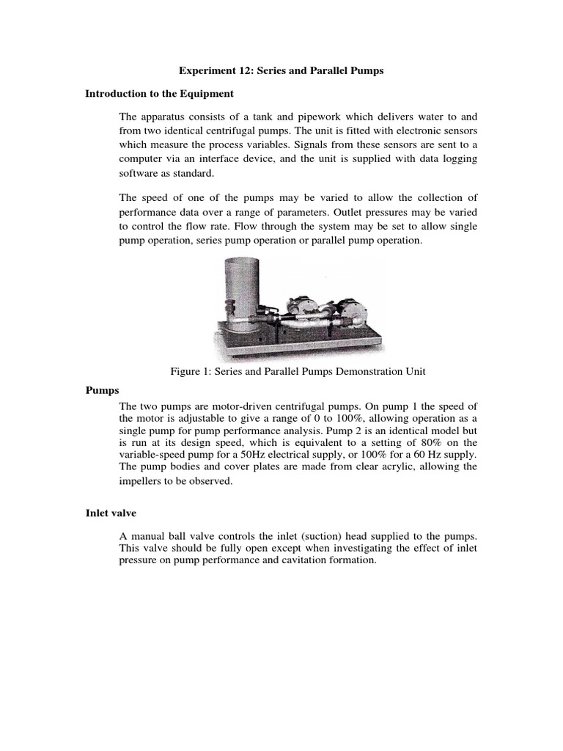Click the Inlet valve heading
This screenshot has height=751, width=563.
tap(111, 514)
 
